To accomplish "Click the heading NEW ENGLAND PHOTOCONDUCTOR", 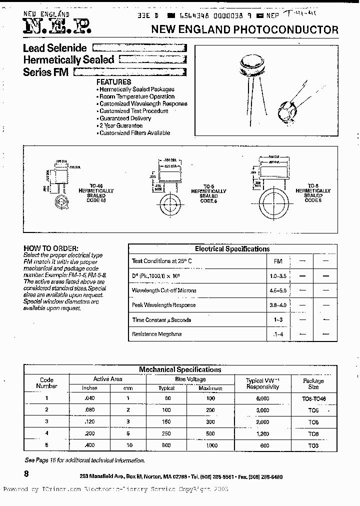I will (x=244, y=30).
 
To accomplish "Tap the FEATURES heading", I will (x=113, y=81).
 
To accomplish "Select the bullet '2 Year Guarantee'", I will (x=120, y=125).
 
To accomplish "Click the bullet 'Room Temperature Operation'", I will (x=136, y=96).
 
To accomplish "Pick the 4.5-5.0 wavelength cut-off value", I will (x=278, y=290).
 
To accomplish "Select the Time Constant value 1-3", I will (x=278, y=319).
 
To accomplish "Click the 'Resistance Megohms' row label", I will (x=156, y=334).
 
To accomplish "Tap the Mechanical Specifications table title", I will (x=180, y=369).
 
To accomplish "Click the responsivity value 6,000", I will (x=262, y=398).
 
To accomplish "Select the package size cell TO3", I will (x=313, y=445).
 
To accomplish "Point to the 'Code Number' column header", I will (x=46, y=383).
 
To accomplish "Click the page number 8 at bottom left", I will (x=26, y=473).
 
